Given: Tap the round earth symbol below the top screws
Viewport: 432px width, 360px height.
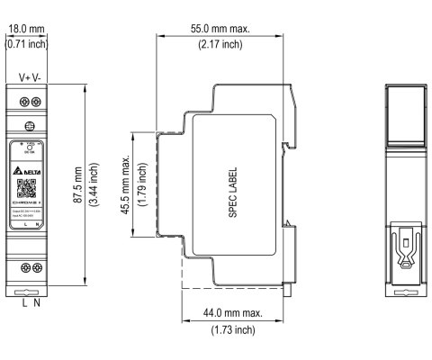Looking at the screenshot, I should [x=31, y=128].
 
